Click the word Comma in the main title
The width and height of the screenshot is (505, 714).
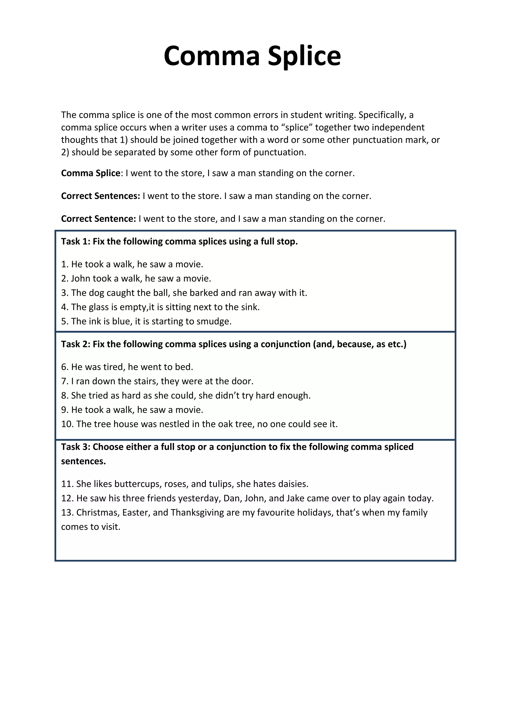point(212,56)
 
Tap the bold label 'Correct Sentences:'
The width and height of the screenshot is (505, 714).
point(100,196)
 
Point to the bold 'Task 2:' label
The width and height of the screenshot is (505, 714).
point(75,344)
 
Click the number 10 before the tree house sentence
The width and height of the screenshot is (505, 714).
point(67,424)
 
